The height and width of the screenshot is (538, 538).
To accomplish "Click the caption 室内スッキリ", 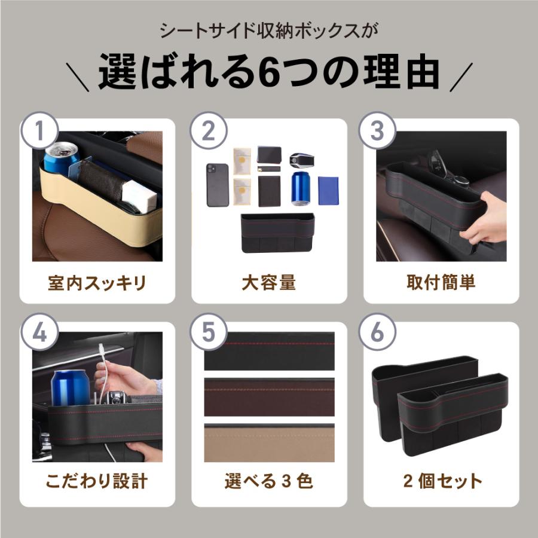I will (x=97, y=283).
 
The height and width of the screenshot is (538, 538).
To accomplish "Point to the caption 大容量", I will (x=269, y=283).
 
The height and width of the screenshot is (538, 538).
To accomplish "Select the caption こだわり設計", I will (x=97, y=481).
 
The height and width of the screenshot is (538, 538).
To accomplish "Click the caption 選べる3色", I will (x=269, y=481).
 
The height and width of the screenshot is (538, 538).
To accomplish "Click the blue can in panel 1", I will (x=62, y=158).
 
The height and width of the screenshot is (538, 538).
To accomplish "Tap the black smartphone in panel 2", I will (x=217, y=185).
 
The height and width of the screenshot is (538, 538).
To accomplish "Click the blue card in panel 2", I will (x=328, y=191).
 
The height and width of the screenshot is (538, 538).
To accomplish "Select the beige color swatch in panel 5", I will (x=269, y=443).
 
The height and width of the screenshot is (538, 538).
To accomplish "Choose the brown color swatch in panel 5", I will (x=269, y=397).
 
